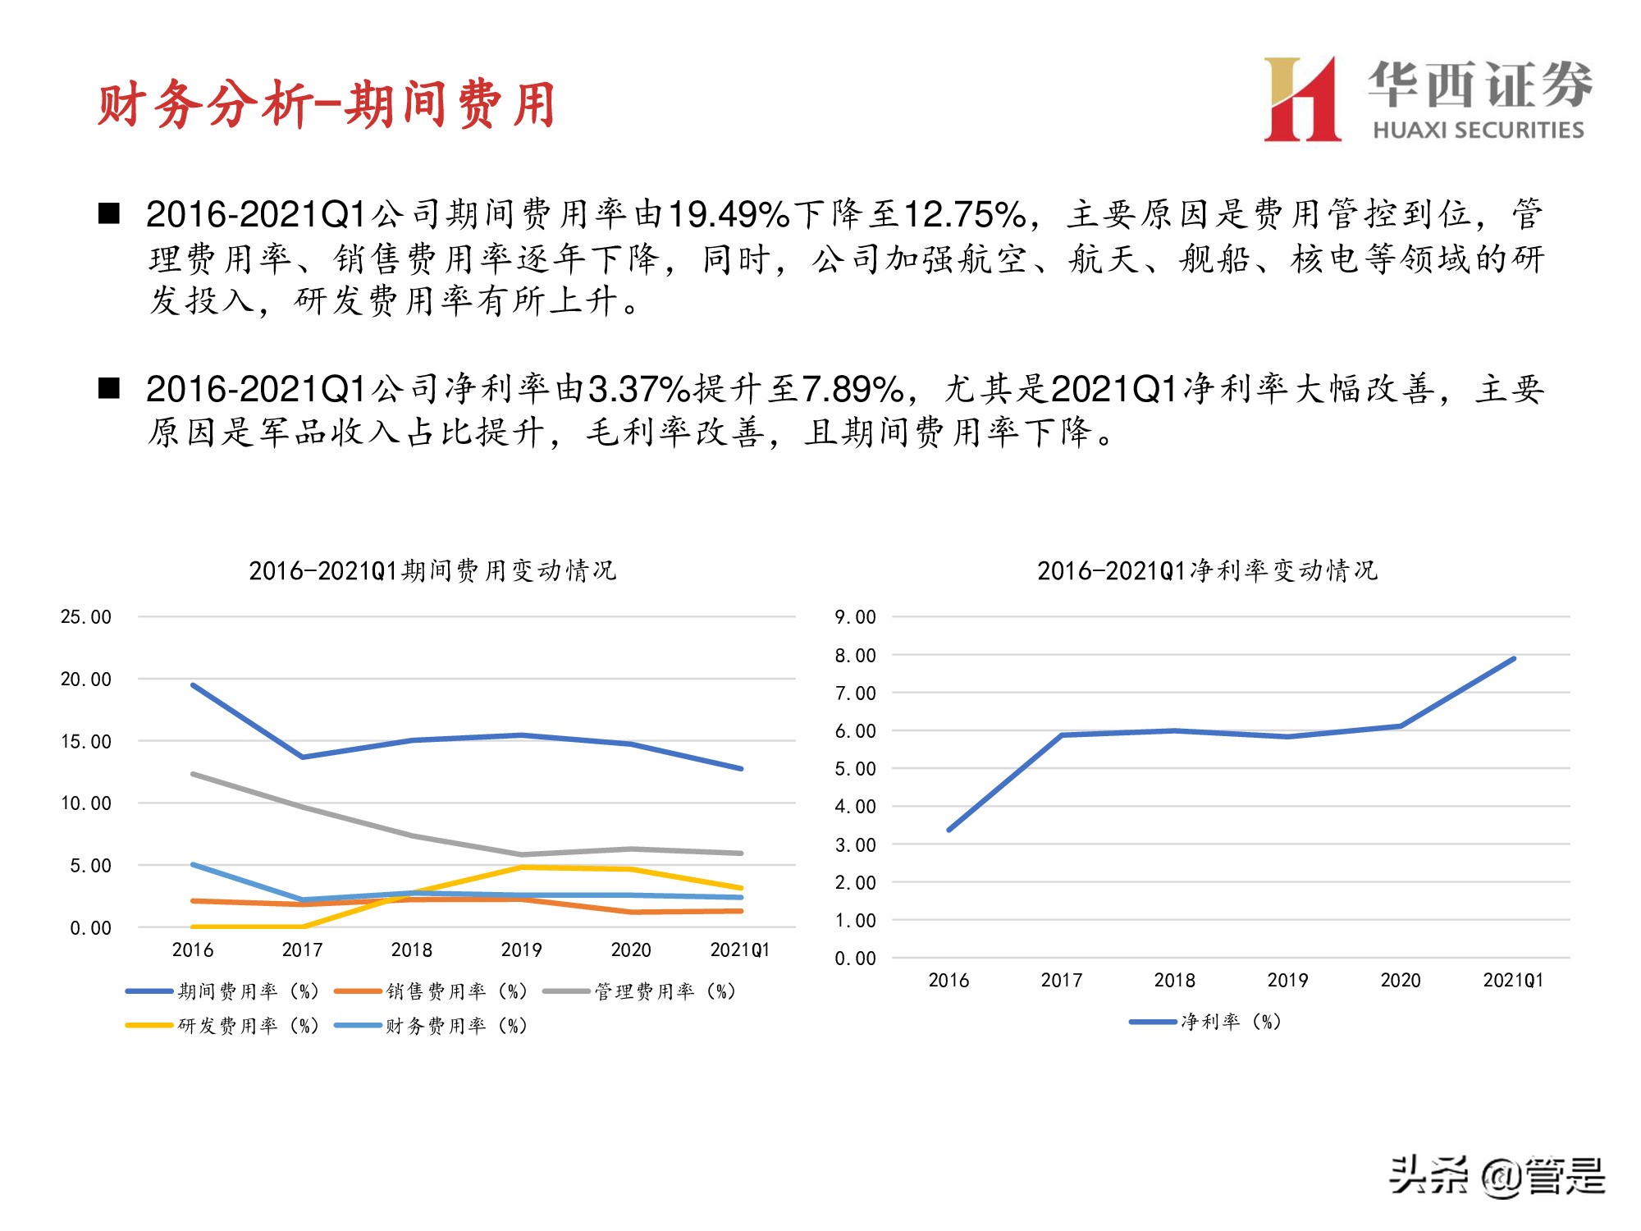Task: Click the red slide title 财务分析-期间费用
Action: tap(327, 105)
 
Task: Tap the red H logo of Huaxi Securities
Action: tap(1302, 100)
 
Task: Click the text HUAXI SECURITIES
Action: tap(1478, 130)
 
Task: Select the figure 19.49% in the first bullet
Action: tap(729, 215)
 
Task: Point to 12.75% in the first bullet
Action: tap(964, 215)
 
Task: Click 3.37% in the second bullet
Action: tap(640, 390)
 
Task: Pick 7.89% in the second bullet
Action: tap(852, 390)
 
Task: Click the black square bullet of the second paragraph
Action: tap(109, 388)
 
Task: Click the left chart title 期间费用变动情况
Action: tap(432, 570)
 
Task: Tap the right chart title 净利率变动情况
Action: tap(1207, 570)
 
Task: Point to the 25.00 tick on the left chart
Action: tap(85, 617)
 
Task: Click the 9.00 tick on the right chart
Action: tap(855, 617)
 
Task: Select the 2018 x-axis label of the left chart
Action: tap(411, 950)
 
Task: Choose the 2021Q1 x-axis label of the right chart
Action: tap(1512, 981)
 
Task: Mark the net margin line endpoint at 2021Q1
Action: tap(1513, 658)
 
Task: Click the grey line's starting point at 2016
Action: tap(193, 774)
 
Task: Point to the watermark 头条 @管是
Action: tap(1496, 1176)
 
